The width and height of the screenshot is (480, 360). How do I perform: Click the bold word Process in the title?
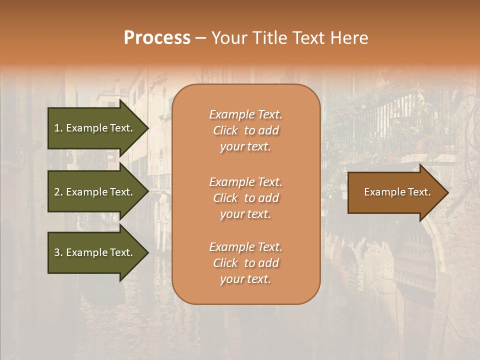coord(157,38)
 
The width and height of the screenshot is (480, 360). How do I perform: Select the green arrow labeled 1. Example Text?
coord(95,128)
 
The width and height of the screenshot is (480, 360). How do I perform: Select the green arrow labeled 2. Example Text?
coord(95,192)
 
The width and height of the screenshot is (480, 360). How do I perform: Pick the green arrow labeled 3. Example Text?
coord(95,252)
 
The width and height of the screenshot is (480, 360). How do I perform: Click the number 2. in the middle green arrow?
coord(58,192)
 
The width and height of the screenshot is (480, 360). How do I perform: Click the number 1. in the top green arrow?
coord(58,128)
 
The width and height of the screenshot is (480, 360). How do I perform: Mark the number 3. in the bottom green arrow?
coord(58,252)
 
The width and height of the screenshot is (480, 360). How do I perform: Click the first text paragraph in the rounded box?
coord(245,130)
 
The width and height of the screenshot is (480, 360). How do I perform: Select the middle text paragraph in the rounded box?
coord(245,198)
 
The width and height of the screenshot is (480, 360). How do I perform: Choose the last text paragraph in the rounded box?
coord(245,263)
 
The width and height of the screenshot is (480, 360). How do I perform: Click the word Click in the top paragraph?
coord(225,130)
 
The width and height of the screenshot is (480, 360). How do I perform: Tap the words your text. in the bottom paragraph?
coord(245,279)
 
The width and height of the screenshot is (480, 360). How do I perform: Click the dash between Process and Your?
coord(200,38)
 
